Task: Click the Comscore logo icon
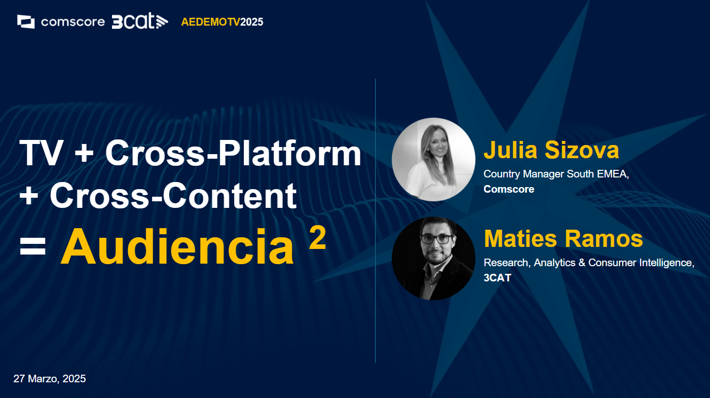26,22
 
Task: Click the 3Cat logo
139,21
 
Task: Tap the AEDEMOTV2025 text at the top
222,22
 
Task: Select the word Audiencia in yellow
177,247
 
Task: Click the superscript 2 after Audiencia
317,238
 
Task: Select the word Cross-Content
172,195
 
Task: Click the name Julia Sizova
551,150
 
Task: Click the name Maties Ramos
563,239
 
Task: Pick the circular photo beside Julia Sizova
433,159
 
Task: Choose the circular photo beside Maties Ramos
433,258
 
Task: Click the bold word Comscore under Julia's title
509,189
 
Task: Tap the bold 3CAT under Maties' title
497,278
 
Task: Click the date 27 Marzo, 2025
50,379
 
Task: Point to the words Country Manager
522,174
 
